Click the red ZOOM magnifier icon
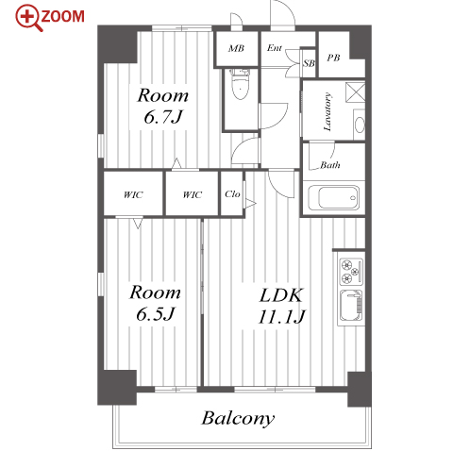coord(28,18)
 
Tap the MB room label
coord(236,48)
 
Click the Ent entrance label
coord(275,48)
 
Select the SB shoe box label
coord(309,63)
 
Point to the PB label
coord(333,58)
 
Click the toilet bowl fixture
coord(241,84)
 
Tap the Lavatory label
coord(327,111)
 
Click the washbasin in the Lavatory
coord(360,125)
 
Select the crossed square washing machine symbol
coord(356,92)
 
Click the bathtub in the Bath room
coord(333,197)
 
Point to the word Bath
coord(330,165)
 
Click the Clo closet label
coord(232,194)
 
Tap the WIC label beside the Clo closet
coord(192,195)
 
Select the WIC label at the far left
coord(133,195)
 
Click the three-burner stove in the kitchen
coord(351,272)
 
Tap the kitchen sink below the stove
coord(351,306)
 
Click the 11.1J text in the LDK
coord(281,317)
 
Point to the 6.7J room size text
coord(163,117)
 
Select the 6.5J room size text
coord(155,314)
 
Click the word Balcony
coord(238,418)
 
